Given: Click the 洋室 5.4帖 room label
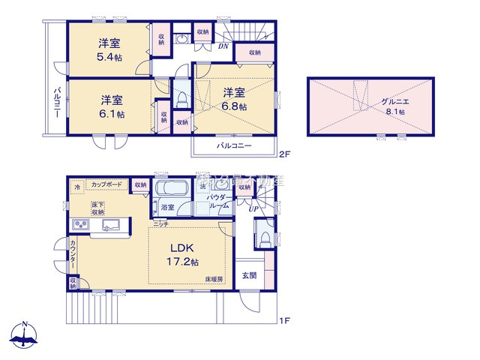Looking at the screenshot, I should [109, 49].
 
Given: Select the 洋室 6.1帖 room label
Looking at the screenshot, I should [109, 106].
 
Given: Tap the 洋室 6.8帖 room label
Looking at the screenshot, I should [233, 99].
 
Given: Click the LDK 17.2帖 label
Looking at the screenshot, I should [182, 254].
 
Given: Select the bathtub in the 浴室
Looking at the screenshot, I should [172, 188].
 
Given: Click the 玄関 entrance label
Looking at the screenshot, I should [249, 275].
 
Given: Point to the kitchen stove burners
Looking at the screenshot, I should [80, 226].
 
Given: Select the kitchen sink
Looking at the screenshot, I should [114, 225].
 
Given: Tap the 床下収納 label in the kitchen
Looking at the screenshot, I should [98, 208].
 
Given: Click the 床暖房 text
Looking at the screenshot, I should [214, 279].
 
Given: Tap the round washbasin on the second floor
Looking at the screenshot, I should [182, 39].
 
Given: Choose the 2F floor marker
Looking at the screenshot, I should [283, 154].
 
